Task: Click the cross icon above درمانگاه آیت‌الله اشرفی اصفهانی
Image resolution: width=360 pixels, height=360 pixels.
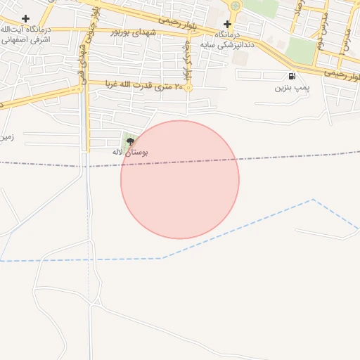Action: (26, 18)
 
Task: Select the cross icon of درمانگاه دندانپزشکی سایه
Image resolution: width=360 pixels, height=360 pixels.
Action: (227, 24)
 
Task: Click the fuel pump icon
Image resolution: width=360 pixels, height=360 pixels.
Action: (292, 76)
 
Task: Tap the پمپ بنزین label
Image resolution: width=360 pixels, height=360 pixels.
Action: (292, 88)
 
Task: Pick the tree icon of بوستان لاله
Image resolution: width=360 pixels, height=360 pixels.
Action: (129, 141)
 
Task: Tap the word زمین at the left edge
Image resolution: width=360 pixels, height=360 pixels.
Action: (6, 137)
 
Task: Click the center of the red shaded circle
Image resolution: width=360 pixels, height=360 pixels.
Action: (180, 180)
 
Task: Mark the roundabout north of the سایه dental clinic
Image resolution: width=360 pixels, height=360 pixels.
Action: (235, 6)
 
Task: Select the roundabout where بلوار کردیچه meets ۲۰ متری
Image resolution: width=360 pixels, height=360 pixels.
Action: (188, 89)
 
